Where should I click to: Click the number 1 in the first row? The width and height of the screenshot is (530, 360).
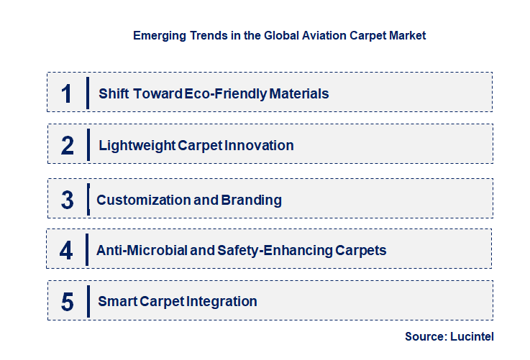pos(67,93)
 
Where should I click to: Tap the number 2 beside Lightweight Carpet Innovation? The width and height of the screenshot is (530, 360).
pos(68,145)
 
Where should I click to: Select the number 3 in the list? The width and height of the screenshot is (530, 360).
pos(68,200)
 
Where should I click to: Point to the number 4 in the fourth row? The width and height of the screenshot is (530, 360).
pos(67,250)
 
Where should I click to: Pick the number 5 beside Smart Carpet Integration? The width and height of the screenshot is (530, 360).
pos(68,301)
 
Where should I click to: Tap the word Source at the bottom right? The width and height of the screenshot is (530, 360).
pos(426,336)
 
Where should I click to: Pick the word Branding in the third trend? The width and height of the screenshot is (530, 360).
pos(252,200)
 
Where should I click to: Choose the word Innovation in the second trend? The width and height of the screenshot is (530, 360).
pos(259,146)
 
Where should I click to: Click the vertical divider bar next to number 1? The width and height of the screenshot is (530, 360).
pos(87,93)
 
